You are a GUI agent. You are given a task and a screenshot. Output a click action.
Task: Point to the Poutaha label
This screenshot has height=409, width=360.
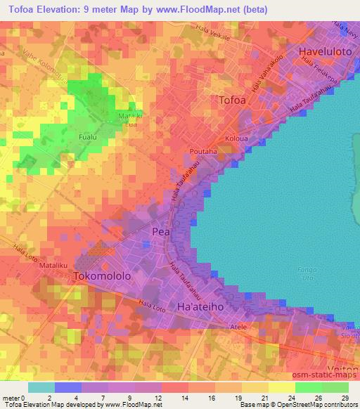[x=202, y=151]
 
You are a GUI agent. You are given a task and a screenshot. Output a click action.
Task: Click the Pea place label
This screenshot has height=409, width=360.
[x=160, y=231]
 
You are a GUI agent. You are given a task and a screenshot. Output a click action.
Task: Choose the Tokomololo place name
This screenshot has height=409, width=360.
[x=103, y=277]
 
